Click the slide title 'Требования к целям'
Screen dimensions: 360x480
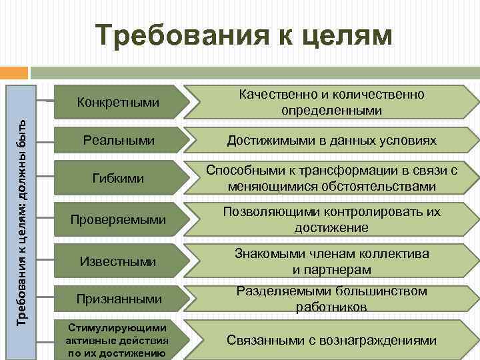[243, 35]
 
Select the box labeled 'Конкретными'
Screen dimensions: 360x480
[118, 102]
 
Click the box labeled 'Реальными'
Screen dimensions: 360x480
[118, 141]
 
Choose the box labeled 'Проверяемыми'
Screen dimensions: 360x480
[118, 219]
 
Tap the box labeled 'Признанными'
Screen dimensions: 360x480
[118, 299]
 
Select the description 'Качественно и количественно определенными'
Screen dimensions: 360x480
[331, 102]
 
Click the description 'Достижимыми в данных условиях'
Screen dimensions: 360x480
[331, 141]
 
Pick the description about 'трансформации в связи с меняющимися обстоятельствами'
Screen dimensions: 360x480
[331, 179]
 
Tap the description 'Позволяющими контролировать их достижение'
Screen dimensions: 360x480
[331, 219]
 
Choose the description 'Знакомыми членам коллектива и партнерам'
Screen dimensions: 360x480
[331, 261]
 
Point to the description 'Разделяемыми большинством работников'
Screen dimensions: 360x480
[331, 299]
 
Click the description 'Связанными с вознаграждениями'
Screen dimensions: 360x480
[331, 340]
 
